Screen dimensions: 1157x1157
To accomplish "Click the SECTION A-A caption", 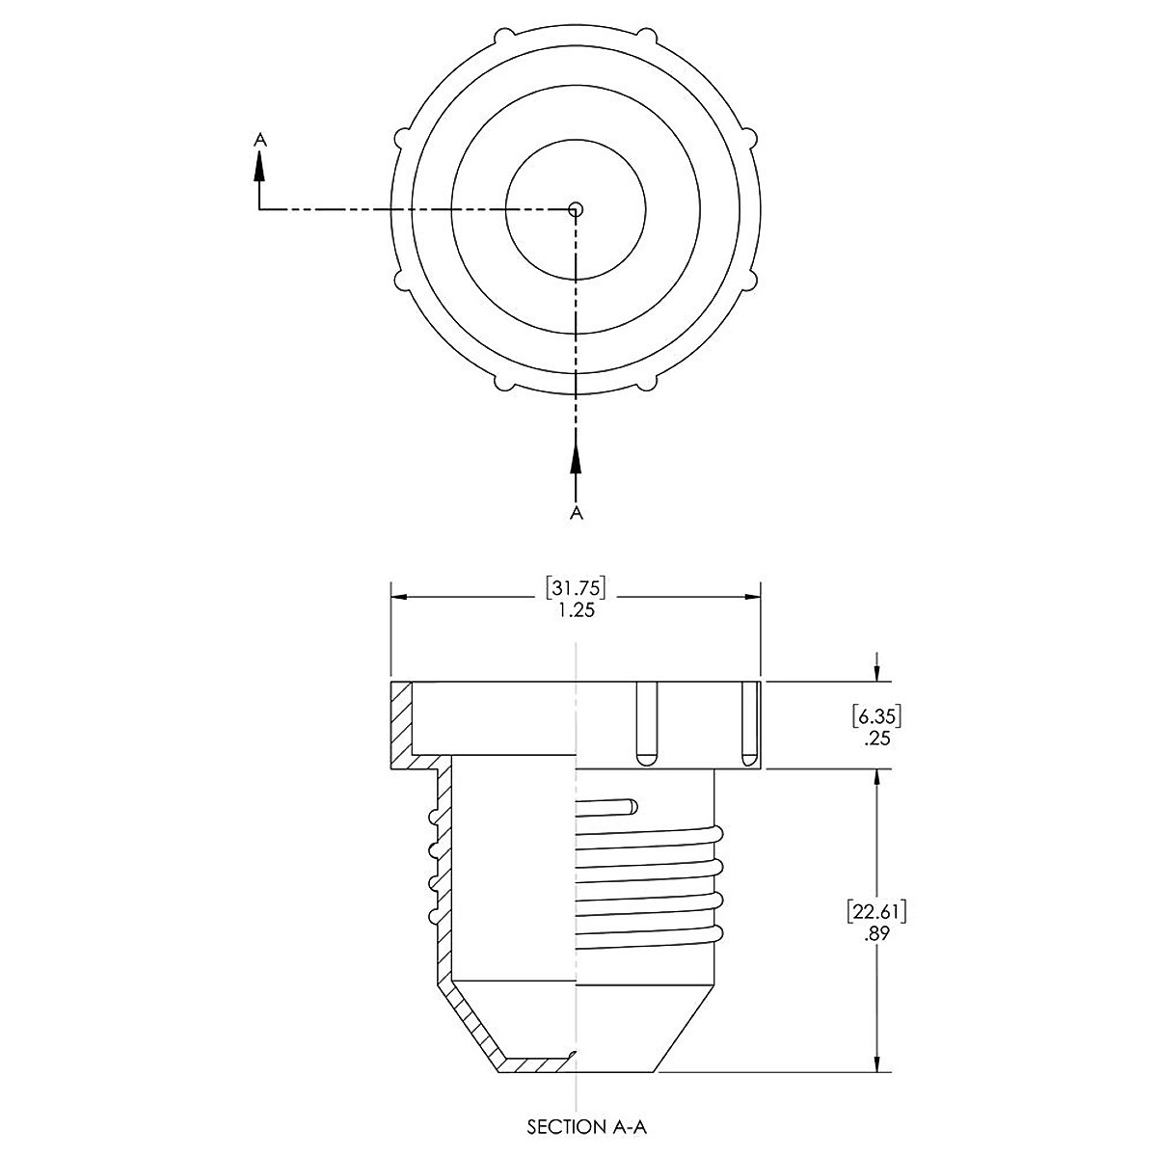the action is coord(586,1126).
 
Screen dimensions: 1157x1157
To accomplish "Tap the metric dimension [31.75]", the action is coord(576,588).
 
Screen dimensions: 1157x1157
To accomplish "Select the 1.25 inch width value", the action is coord(577,610).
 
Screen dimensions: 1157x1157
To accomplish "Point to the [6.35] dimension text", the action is coord(876,716).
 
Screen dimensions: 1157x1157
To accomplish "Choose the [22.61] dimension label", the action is coord(876,912).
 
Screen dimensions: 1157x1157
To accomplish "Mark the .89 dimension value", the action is coord(876,934).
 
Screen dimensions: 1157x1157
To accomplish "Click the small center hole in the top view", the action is coord(576,209).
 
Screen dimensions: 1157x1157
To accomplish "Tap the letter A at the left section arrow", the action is coord(259,139).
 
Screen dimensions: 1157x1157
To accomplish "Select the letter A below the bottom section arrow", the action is coord(576,513).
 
